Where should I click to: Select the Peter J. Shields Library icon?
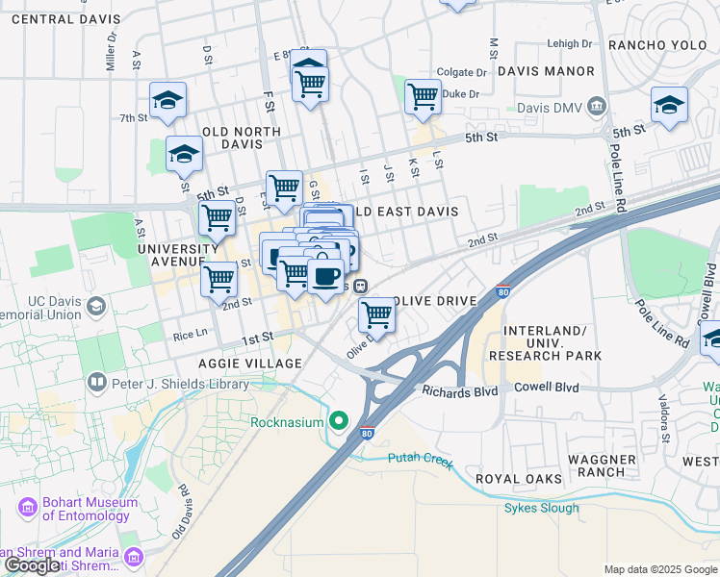coord(96,383)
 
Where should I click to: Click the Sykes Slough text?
coord(542,508)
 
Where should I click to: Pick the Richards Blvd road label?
coord(456,390)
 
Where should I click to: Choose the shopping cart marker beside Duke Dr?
coord(422,96)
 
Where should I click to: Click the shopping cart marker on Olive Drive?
coord(376,314)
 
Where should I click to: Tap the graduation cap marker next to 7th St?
coord(167,99)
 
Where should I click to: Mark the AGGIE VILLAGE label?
coord(250,363)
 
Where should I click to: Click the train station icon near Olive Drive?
coord(359,286)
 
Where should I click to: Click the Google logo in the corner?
coord(32,565)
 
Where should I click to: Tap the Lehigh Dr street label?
coord(570,43)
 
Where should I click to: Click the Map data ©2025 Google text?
coord(659,569)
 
